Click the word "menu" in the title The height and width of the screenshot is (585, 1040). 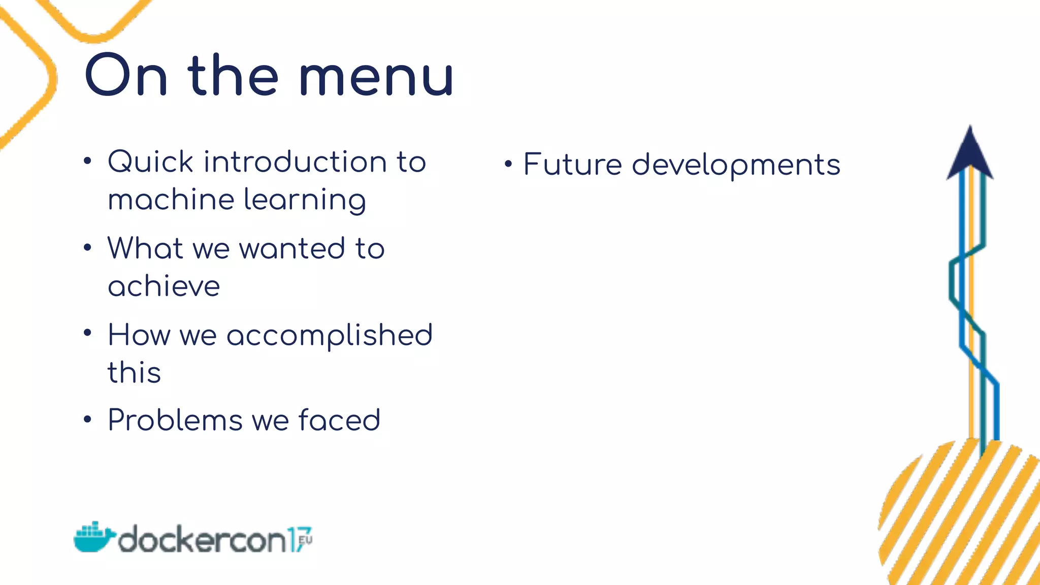376,76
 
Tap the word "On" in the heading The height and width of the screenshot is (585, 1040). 126,76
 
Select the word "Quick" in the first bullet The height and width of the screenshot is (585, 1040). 151,162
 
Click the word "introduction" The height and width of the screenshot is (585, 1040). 295,162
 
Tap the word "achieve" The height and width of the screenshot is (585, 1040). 164,286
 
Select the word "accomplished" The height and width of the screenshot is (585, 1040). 329,336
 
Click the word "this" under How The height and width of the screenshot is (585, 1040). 134,372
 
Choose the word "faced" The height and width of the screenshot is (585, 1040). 339,420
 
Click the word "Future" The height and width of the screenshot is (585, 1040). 572,165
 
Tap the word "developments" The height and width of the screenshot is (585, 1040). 736,166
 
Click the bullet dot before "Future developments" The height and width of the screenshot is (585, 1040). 508,164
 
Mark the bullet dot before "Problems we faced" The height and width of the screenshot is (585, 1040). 88,419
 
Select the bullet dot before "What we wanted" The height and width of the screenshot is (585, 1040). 88,248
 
